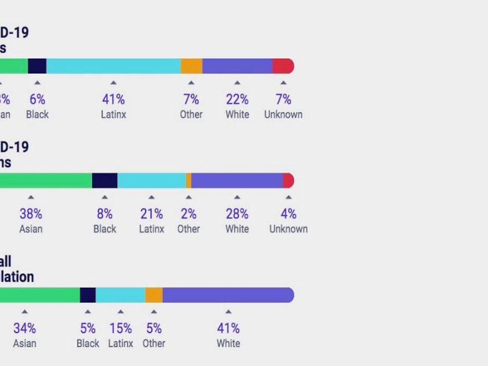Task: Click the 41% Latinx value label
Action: tap(113, 99)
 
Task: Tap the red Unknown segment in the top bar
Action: tap(283, 66)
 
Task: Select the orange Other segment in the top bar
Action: tap(192, 66)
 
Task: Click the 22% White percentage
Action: tap(237, 99)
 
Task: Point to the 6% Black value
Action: tap(37, 99)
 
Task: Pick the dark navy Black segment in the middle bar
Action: tap(104, 181)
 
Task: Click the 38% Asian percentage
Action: tap(30, 214)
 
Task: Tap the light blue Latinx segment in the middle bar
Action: tap(151, 181)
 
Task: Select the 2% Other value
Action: tap(188, 214)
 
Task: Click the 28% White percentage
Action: tap(237, 214)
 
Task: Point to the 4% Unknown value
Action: tap(289, 214)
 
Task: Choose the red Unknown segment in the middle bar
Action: tap(289, 181)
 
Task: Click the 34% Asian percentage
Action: tap(24, 328)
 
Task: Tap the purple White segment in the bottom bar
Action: tap(228, 295)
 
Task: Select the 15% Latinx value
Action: tap(120, 328)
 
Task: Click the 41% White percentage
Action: tap(228, 328)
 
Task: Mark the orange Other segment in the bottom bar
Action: tap(154, 295)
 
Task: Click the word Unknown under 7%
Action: tap(283, 115)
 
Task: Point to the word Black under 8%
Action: tap(104, 229)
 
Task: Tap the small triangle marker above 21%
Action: tap(151, 197)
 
